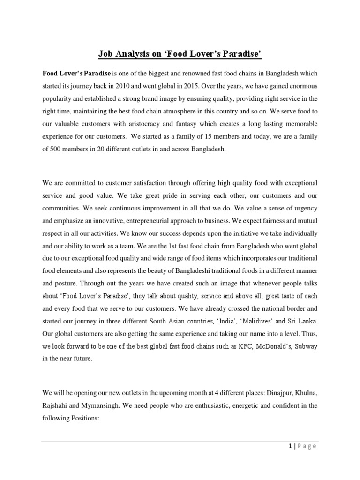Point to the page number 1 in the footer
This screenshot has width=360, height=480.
[x=291, y=446]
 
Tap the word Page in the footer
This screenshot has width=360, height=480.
[x=307, y=446]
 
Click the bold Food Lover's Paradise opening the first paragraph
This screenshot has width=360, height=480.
[x=76, y=73]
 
